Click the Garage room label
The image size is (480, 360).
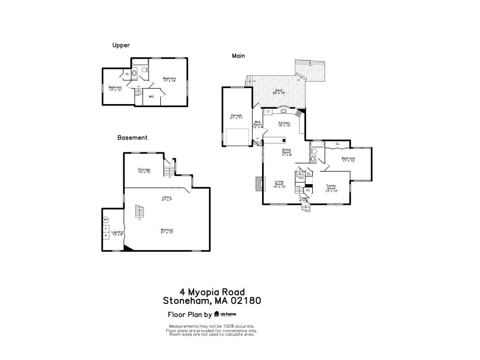click(x=236, y=116)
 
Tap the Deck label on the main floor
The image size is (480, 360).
click(x=279, y=91)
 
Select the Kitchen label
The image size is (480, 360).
click(x=285, y=124)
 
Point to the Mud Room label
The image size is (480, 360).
click(x=257, y=124)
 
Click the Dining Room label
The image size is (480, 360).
click(x=286, y=152)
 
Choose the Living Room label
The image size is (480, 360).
click(x=279, y=184)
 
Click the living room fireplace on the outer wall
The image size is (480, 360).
click(x=258, y=184)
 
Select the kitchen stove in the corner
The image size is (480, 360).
click(x=298, y=113)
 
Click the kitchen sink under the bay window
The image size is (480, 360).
click(x=283, y=111)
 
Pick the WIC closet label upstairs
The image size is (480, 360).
click(x=151, y=97)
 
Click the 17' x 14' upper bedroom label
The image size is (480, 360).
click(x=169, y=79)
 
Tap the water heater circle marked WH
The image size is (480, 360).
click(x=106, y=219)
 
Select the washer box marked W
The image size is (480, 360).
click(x=106, y=235)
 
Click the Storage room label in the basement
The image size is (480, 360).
click(x=144, y=171)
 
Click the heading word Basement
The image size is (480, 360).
click(x=132, y=138)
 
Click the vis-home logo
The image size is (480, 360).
click(x=225, y=315)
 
